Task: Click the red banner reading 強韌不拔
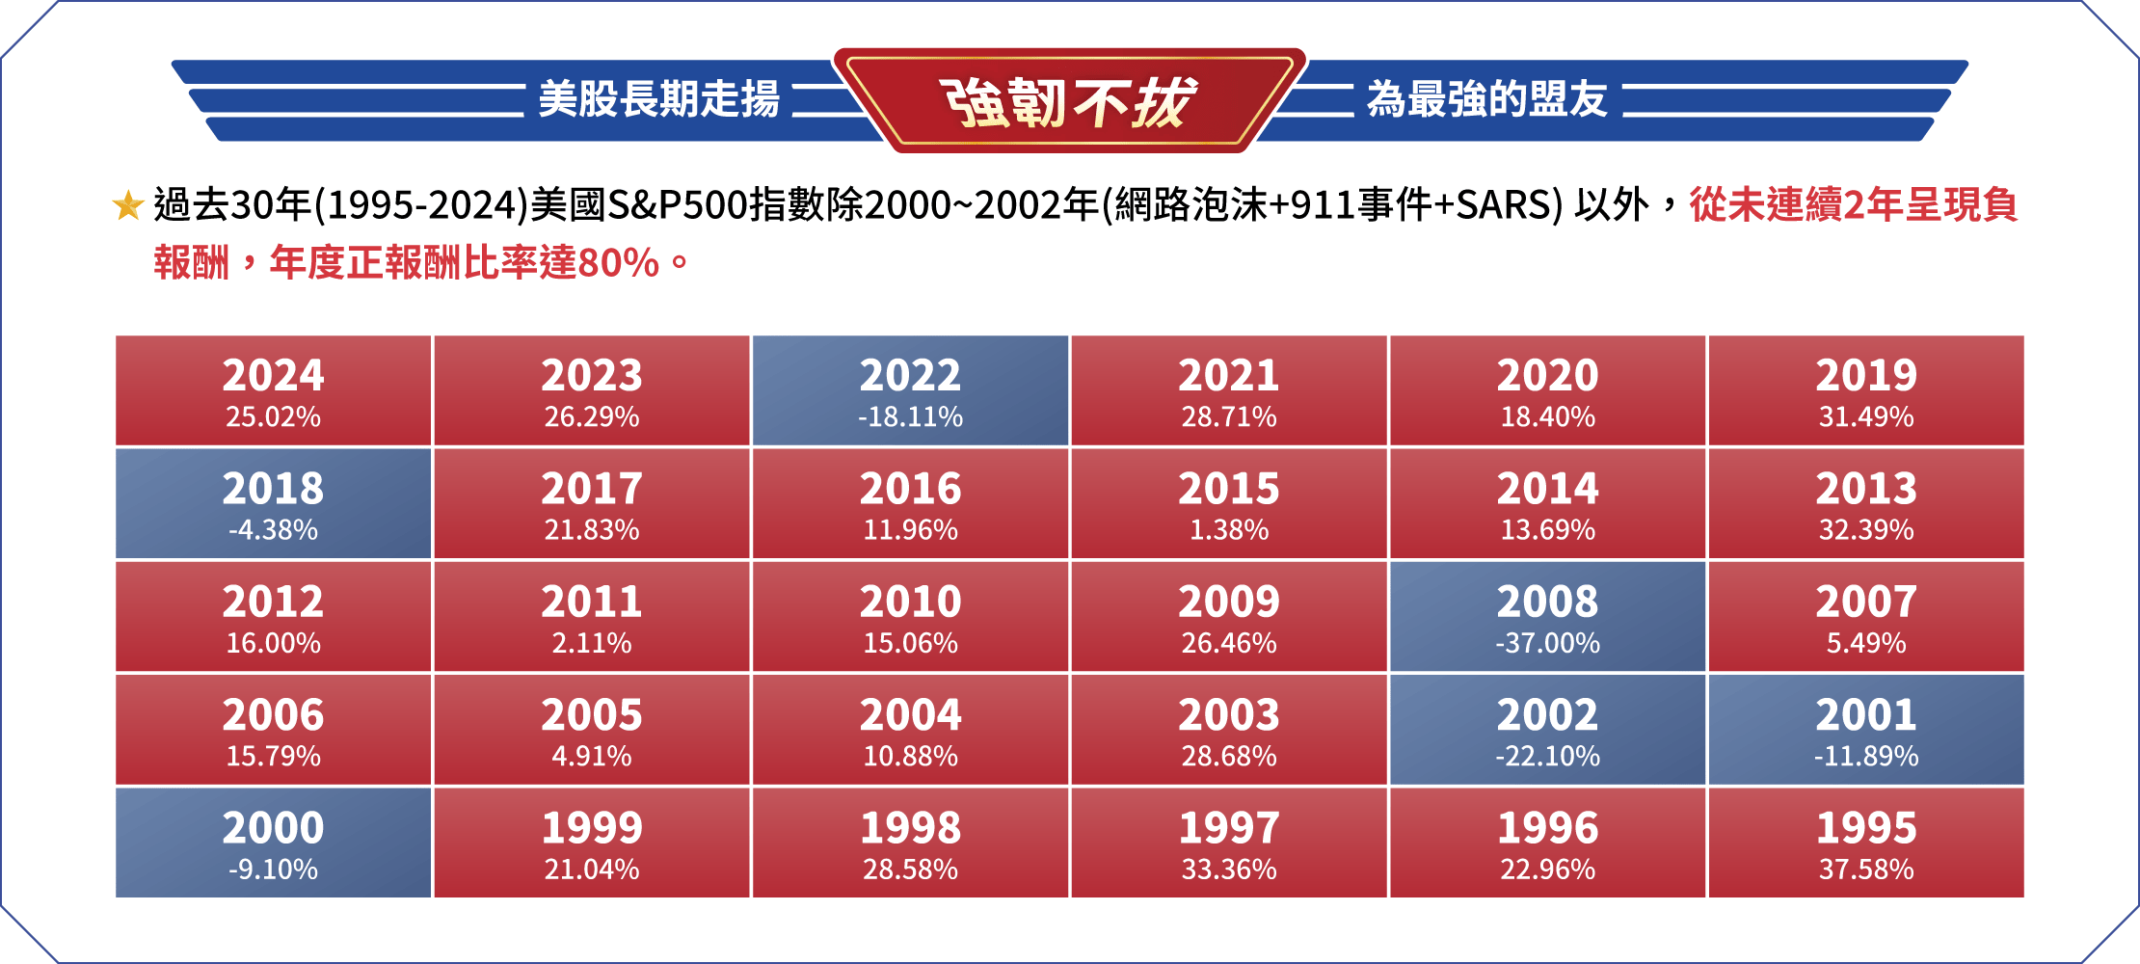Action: (1069, 100)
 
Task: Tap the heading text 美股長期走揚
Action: (658, 99)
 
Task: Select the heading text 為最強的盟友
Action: (1486, 99)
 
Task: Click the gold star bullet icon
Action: (128, 205)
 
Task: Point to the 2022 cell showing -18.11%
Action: (910, 390)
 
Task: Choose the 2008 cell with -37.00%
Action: (1547, 617)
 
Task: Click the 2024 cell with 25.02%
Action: (273, 390)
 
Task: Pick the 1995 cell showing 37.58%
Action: (1866, 843)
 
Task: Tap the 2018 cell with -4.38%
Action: (273, 503)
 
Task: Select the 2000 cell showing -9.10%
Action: (273, 843)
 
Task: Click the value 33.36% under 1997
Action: (1229, 870)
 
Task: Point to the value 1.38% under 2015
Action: (1229, 530)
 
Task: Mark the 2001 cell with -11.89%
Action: (1866, 730)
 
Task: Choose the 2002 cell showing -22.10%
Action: (1547, 730)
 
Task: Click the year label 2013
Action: (1866, 489)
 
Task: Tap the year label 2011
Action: (592, 602)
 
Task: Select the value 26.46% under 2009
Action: (1229, 643)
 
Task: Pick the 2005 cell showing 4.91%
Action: (592, 730)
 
